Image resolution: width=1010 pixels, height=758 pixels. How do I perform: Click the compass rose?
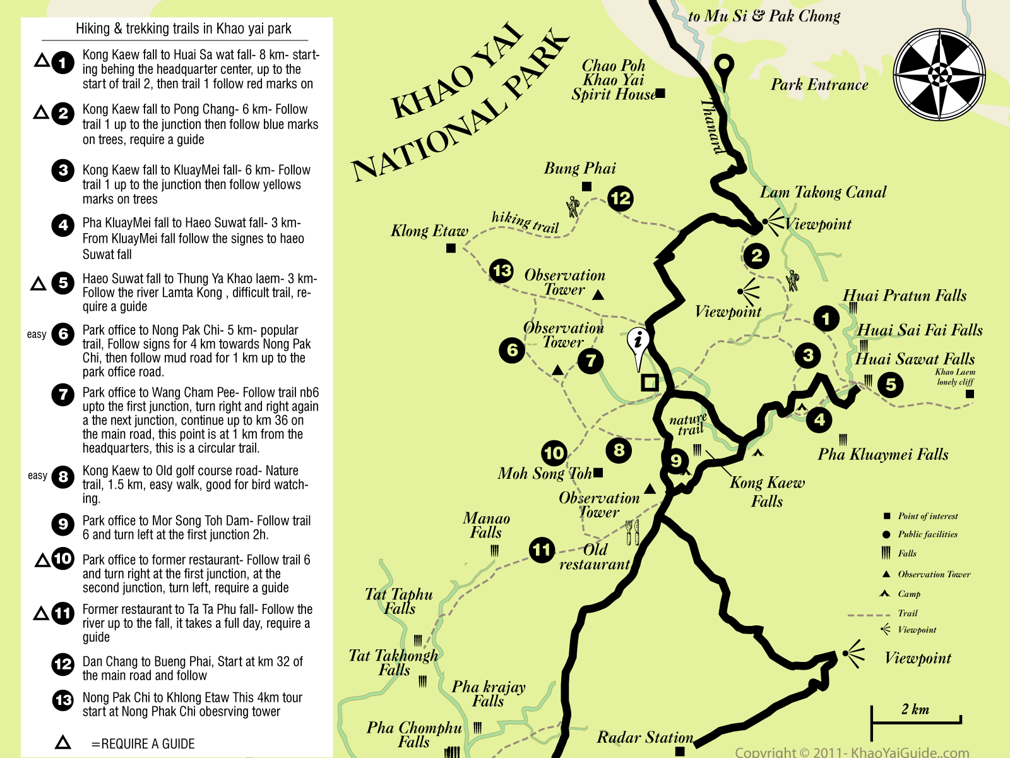pos(939,75)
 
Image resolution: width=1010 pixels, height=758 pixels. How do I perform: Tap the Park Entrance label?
pos(819,85)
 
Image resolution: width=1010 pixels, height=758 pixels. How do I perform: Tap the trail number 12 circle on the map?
pos(620,198)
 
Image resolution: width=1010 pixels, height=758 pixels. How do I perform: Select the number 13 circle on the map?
pos(502,271)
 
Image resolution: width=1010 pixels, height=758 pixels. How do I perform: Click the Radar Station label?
pos(645,737)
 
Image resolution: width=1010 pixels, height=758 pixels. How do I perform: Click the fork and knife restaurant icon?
pos(632,532)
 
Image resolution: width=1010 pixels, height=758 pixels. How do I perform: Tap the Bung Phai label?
pos(579,168)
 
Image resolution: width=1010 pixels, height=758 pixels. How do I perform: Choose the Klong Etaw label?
pos(429,231)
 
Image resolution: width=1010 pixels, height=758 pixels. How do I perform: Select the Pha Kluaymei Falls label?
pos(882,454)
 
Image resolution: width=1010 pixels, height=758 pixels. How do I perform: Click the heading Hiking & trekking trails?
pos(183,28)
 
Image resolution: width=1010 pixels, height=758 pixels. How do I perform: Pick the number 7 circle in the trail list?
pos(63,395)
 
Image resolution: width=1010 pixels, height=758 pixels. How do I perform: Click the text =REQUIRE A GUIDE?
pos(143,743)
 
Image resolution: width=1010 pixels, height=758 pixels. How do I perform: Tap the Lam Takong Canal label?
pos(823,192)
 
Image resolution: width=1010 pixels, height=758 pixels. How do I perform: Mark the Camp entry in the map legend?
pos(908,594)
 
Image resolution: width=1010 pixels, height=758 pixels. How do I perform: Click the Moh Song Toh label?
pos(544,473)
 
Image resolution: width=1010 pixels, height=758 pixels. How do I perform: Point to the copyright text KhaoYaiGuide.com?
pos(852,752)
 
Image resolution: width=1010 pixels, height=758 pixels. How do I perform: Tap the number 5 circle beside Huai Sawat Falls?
pos(890,384)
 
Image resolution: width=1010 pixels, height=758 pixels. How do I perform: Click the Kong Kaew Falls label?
pos(767,491)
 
